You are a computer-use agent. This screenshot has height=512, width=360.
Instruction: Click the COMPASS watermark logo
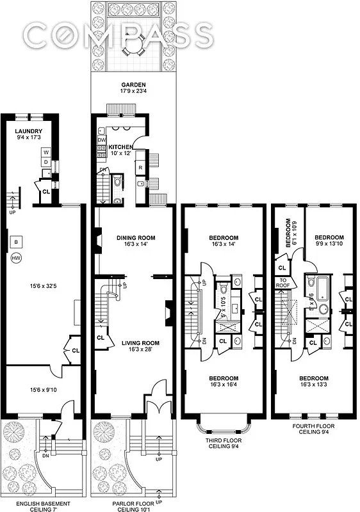click(118, 35)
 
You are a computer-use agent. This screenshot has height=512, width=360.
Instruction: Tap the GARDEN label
click(134, 84)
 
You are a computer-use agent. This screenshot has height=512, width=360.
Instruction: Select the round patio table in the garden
click(134, 47)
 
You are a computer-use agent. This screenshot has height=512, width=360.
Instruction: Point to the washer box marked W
click(46, 153)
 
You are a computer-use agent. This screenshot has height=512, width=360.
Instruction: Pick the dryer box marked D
click(46, 163)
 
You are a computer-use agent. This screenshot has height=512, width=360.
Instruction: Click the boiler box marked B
click(16, 242)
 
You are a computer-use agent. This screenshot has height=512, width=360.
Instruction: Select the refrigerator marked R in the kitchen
click(140, 168)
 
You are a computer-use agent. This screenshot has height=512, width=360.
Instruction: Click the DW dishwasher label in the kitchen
click(101, 140)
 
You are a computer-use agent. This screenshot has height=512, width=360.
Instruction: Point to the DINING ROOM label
click(135, 237)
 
